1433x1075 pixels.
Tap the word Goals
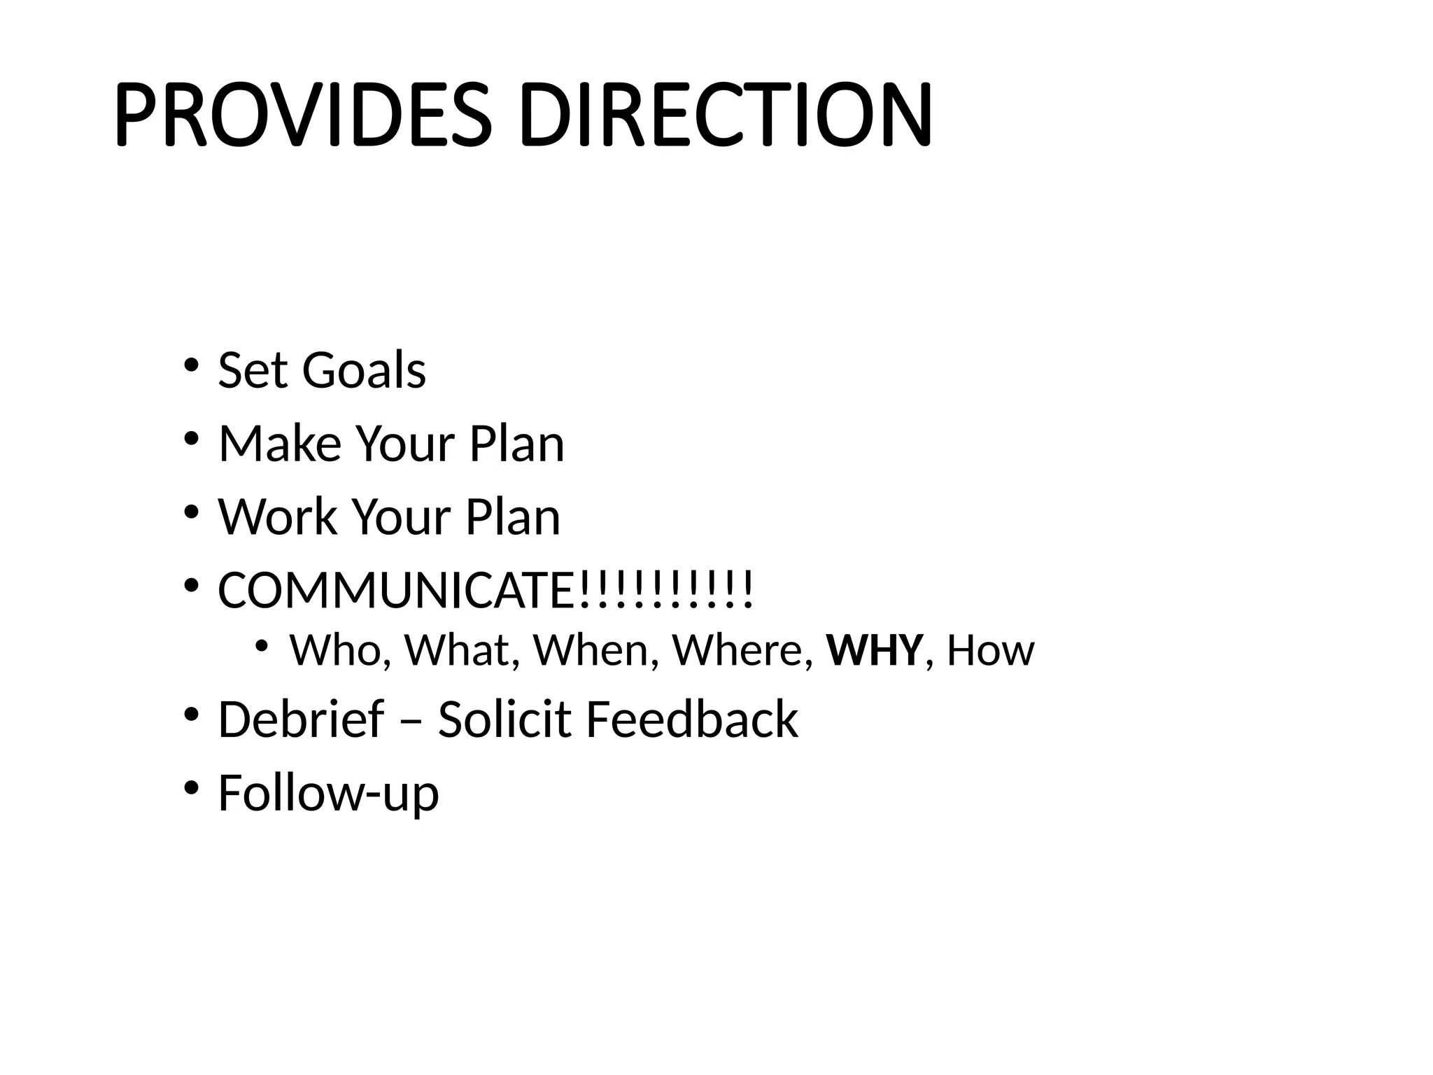click(x=363, y=370)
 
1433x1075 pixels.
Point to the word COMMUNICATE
click(x=396, y=591)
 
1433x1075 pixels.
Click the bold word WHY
click(x=875, y=650)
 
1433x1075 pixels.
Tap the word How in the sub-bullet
click(x=990, y=650)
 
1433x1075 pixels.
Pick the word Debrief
click(x=301, y=719)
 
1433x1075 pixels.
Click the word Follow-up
click(x=328, y=793)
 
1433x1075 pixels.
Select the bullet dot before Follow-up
click(x=190, y=788)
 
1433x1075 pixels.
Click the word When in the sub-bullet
click(x=592, y=650)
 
